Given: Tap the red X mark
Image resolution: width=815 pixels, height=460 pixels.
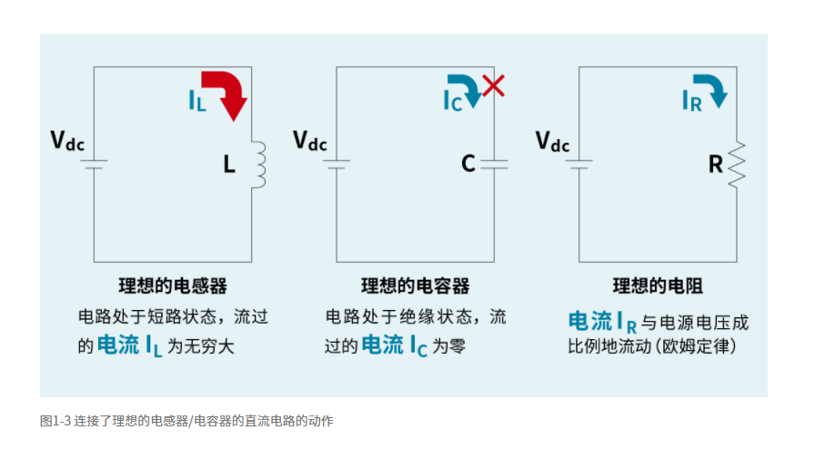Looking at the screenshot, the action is click(x=493, y=85).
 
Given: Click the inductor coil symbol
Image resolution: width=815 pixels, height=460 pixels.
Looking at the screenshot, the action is click(x=259, y=164).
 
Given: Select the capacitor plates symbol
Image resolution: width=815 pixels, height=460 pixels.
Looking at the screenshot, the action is click(x=494, y=165).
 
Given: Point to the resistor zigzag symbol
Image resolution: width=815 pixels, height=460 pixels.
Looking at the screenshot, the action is click(x=737, y=164).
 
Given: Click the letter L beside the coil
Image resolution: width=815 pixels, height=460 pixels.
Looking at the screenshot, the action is click(x=229, y=165).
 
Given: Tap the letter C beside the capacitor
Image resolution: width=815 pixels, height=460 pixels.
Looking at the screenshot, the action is click(x=468, y=164).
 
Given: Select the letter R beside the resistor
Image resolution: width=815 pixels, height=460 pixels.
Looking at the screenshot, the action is click(x=715, y=165).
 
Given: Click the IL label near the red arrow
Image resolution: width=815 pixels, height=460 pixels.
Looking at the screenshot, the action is click(x=197, y=101).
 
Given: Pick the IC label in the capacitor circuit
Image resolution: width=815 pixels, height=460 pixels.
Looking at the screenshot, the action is click(x=452, y=101).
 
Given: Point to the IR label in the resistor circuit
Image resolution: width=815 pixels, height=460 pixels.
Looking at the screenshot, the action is click(x=692, y=101).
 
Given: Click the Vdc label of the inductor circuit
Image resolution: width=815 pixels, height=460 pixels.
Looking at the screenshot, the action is click(x=67, y=141).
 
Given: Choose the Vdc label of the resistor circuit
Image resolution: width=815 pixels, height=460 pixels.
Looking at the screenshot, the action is click(x=552, y=141).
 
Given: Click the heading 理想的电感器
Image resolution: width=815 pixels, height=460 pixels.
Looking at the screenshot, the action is click(x=173, y=285).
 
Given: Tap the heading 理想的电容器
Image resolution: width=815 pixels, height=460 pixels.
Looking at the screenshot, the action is click(x=416, y=285).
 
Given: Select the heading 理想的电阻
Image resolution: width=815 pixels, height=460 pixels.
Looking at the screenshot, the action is click(x=658, y=285).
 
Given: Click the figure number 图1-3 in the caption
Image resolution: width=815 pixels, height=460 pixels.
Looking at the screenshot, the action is click(x=55, y=421).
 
